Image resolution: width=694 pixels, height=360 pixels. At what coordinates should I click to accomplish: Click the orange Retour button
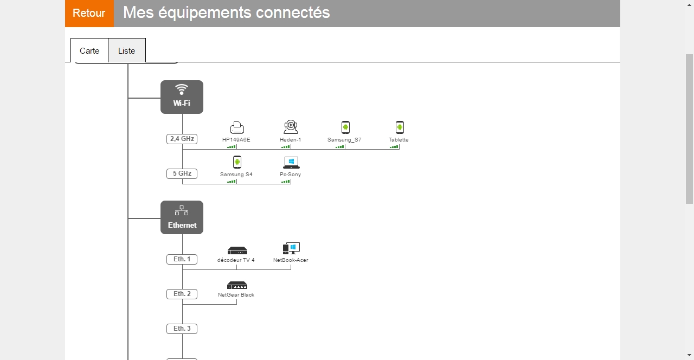tap(89, 13)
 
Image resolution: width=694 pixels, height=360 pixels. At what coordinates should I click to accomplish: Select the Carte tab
tap(89, 50)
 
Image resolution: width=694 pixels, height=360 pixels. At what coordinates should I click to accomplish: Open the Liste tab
tap(126, 50)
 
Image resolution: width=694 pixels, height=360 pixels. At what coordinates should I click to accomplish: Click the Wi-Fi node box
tap(182, 97)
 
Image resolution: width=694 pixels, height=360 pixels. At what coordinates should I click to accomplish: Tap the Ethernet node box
tap(182, 217)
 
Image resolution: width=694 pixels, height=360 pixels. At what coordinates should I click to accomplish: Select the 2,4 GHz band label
tap(182, 139)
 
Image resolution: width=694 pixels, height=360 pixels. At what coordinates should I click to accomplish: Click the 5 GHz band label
tap(182, 173)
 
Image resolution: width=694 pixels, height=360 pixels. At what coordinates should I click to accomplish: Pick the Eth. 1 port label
tap(182, 259)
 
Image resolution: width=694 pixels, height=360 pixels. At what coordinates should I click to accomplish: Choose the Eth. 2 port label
tap(182, 294)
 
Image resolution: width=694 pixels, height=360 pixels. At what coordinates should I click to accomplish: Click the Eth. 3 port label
tap(182, 329)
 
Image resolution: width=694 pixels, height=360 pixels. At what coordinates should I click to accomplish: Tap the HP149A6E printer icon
tap(237, 127)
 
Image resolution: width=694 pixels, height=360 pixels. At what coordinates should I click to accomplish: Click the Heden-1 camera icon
tap(291, 127)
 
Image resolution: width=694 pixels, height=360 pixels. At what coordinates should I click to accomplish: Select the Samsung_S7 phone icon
tap(345, 127)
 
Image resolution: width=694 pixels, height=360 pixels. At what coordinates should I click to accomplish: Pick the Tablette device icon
tap(400, 127)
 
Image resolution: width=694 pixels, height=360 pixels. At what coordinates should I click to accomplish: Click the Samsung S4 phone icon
tap(237, 162)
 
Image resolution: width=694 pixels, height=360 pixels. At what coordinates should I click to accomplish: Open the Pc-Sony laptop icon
tap(291, 162)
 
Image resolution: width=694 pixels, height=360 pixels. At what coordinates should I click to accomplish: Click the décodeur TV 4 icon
tap(237, 250)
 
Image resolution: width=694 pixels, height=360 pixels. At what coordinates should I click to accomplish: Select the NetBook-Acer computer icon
tap(291, 248)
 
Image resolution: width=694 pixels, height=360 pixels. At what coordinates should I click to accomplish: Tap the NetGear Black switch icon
tap(237, 285)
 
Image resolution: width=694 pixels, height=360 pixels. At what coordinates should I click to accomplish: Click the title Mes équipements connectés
tap(226, 12)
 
